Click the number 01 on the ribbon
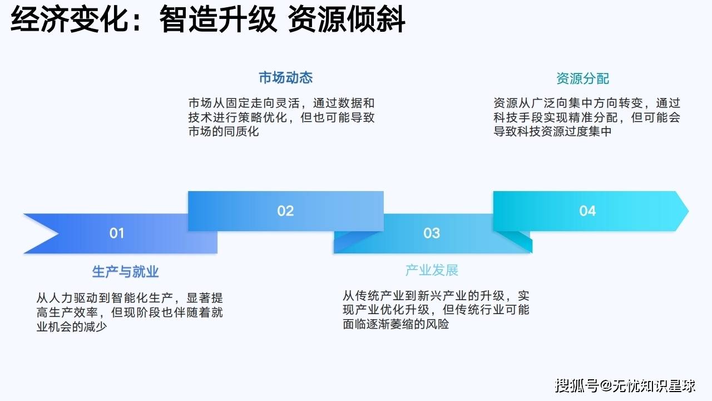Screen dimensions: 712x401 coord(117,233)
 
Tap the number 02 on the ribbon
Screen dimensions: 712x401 coord(285,211)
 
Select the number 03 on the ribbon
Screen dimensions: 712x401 coord(431,233)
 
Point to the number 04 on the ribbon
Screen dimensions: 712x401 coord(587,211)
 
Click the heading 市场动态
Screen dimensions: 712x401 coord(285,77)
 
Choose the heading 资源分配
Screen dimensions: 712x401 coord(582,79)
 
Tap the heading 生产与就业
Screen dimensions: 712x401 coord(125,271)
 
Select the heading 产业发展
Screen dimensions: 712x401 coord(432,270)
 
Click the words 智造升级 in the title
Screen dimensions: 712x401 coord(218,19)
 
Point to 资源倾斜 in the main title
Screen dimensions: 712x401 coord(346,19)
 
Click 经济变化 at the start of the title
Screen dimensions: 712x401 coord(70,19)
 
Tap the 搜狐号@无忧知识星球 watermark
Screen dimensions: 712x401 coord(625,386)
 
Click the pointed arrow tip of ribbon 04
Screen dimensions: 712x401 coord(688,211)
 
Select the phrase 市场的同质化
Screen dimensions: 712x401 coord(224,131)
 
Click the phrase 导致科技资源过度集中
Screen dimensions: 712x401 coord(552,131)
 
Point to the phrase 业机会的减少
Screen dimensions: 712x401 coord(72,326)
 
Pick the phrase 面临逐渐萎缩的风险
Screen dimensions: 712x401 coord(395,324)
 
